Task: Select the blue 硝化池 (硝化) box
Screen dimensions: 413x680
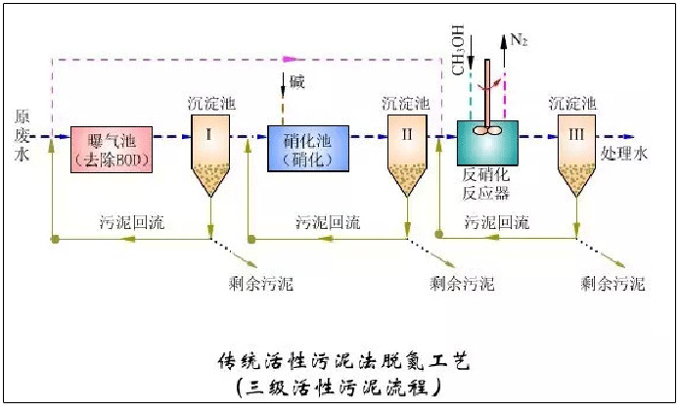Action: tap(306, 149)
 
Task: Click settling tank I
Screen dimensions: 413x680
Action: tap(211, 152)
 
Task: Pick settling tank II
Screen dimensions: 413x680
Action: tap(407, 152)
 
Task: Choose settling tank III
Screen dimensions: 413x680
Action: tap(577, 152)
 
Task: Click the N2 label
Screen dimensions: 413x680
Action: tap(519, 41)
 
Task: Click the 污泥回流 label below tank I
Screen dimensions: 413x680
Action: tap(132, 221)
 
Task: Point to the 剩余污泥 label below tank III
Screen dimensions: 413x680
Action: tap(612, 285)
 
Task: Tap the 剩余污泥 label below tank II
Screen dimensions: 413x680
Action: tap(462, 285)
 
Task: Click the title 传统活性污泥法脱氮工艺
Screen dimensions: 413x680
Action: tap(343, 361)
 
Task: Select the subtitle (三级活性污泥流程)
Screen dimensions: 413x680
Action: tap(341, 388)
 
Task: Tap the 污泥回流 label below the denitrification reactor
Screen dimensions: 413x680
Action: tap(497, 222)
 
